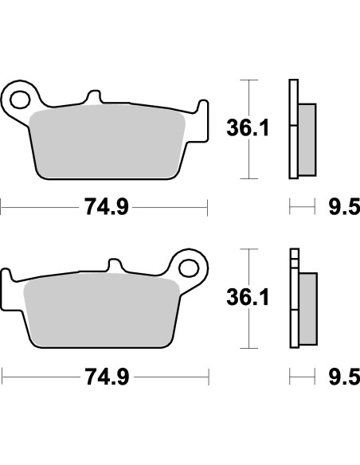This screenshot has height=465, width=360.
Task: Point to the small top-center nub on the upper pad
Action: click(93, 98)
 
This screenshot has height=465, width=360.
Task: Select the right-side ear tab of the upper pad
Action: click(195, 111)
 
